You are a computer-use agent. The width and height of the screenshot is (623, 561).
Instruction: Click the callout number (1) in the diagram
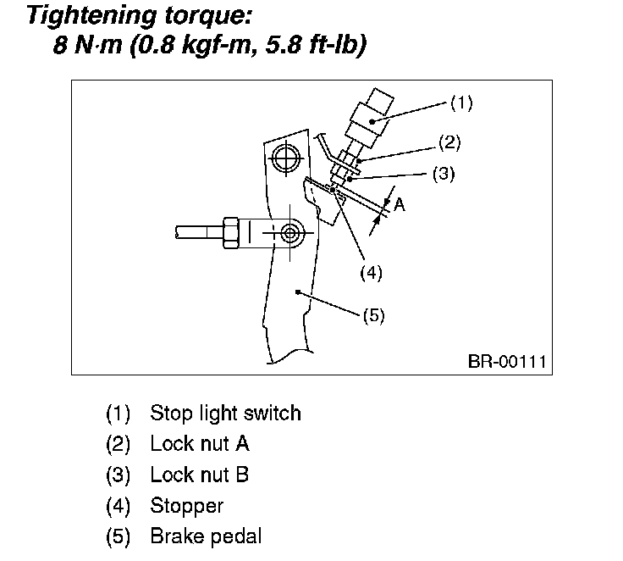tap(461, 104)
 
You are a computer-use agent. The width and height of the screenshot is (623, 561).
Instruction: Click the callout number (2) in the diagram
tap(449, 142)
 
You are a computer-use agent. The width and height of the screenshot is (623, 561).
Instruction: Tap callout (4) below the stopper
tap(371, 273)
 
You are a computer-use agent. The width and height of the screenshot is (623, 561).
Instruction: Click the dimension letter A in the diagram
tap(400, 204)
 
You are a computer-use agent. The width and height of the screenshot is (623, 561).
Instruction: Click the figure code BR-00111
tap(506, 362)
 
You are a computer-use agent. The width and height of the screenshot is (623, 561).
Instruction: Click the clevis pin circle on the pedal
tap(289, 231)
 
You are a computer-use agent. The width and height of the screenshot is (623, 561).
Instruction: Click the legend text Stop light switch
tap(225, 414)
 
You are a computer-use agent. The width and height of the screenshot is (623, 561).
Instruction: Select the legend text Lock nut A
tap(200, 444)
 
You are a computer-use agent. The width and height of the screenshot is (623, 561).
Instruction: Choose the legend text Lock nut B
tap(200, 475)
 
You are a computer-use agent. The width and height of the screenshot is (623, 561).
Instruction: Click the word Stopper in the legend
tap(186, 506)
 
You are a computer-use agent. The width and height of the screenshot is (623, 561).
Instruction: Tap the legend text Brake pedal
tap(206, 536)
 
